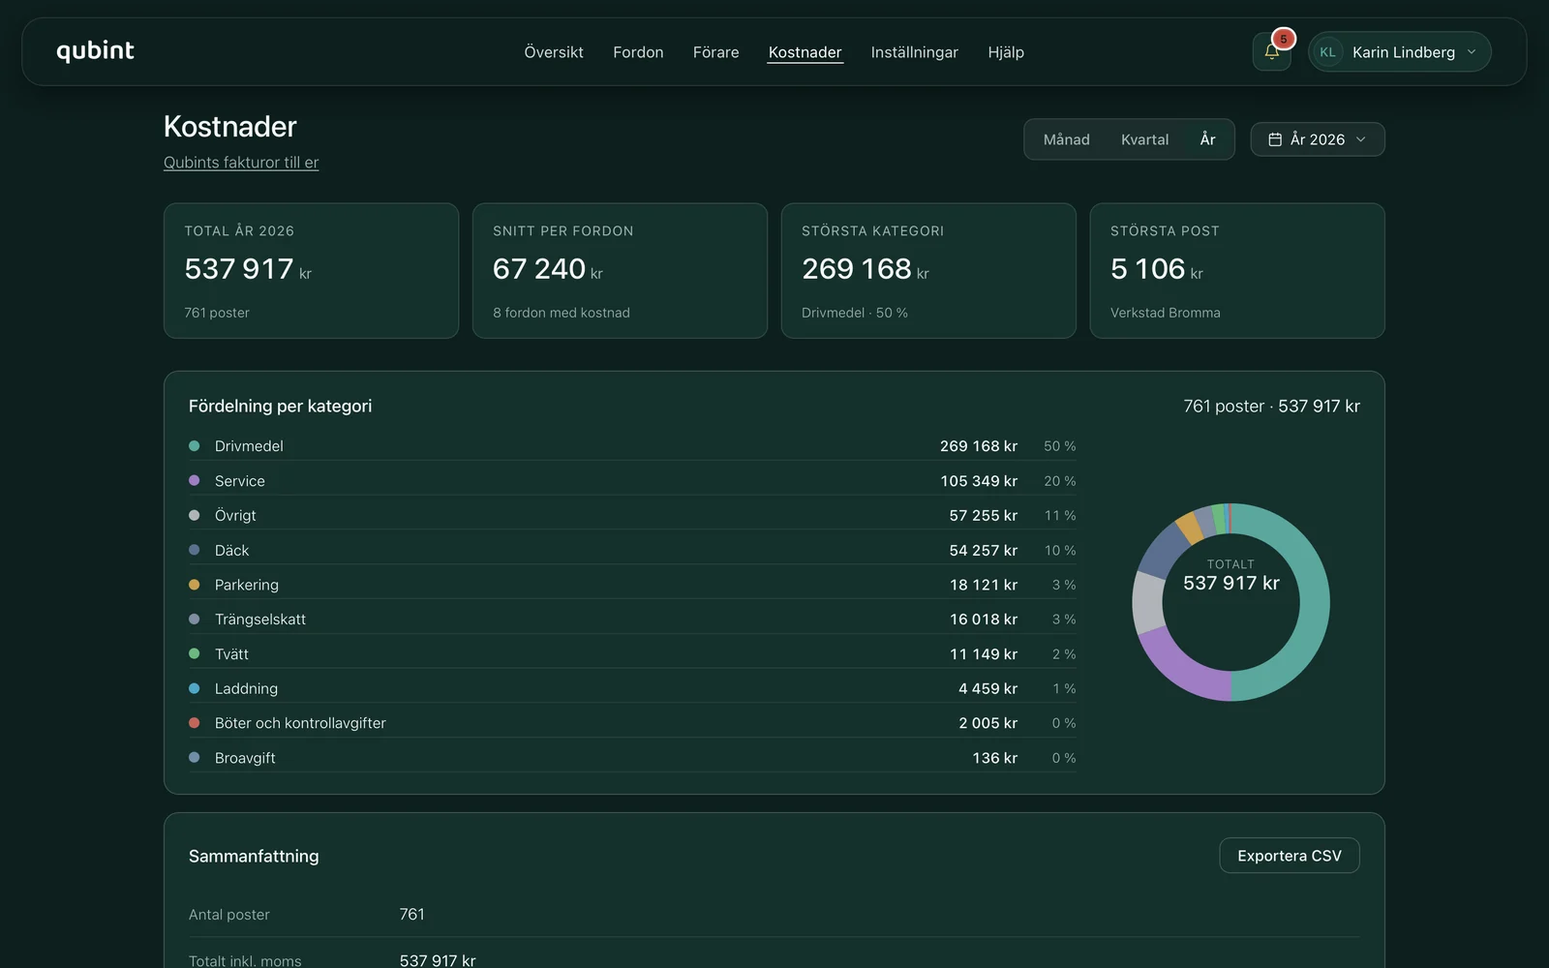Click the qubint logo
(x=95, y=51)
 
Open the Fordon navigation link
(x=638, y=52)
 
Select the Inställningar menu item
(x=914, y=52)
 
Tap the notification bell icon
(x=1271, y=52)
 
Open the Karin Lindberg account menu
(x=1399, y=52)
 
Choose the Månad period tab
(x=1066, y=139)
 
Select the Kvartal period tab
(x=1144, y=139)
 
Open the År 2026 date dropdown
(x=1318, y=139)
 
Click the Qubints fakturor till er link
(x=241, y=163)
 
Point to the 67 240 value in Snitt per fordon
(x=538, y=268)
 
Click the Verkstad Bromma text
(x=1166, y=313)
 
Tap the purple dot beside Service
(x=195, y=480)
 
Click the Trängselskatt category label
(x=260, y=620)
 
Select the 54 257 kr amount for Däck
(x=983, y=551)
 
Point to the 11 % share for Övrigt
(x=1059, y=516)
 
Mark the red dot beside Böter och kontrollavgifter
(x=195, y=723)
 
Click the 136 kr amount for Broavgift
(x=994, y=758)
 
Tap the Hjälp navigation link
(x=1006, y=52)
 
